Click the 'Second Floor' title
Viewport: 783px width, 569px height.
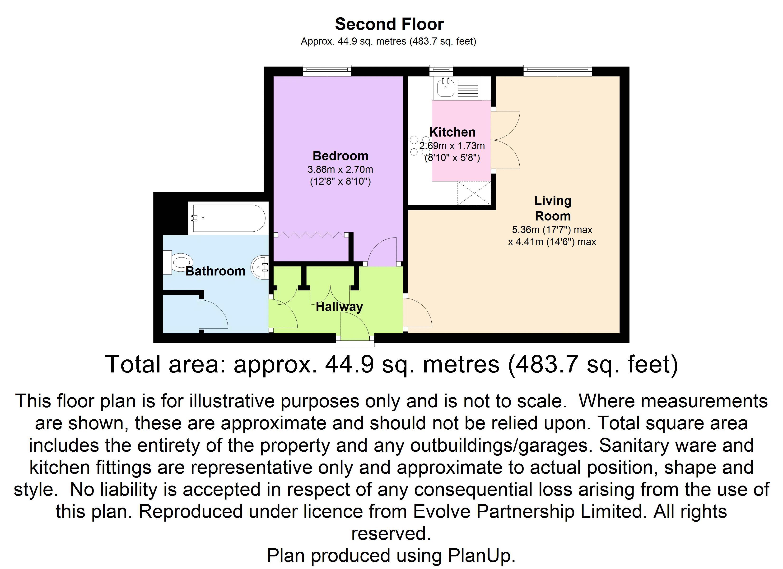(x=389, y=24)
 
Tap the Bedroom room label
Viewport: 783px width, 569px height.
(x=340, y=156)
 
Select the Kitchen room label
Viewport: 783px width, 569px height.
(x=452, y=132)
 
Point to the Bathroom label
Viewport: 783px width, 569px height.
(x=215, y=271)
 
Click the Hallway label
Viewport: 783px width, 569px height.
(x=339, y=307)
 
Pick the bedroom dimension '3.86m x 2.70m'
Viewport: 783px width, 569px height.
(x=340, y=170)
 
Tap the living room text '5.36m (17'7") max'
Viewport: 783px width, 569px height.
(x=552, y=229)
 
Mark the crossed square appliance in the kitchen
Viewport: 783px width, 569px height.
(x=474, y=193)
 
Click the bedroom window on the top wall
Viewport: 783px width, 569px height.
(x=327, y=71)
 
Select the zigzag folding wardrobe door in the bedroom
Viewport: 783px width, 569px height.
(x=311, y=235)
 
